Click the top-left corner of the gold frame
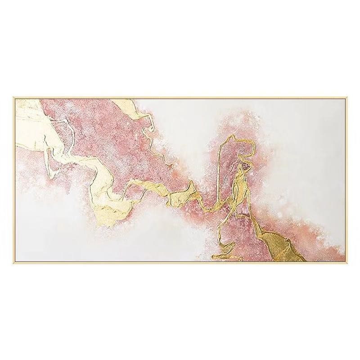[13, 98]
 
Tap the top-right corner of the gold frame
[346, 98]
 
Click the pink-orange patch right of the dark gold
[324, 247]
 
